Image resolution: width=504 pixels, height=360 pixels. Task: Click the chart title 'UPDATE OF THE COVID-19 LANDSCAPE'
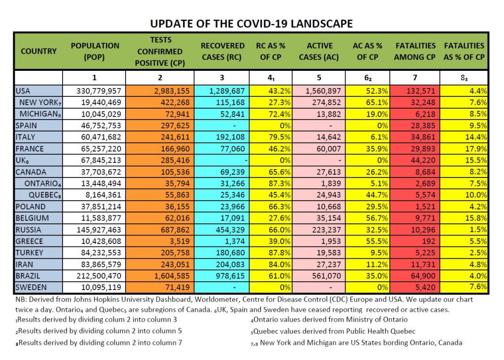[x=252, y=24]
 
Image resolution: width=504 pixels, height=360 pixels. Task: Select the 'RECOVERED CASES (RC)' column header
[x=222, y=51]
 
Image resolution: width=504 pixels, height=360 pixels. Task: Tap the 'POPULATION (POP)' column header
[x=95, y=51]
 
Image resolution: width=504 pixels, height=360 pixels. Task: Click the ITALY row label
[x=25, y=137]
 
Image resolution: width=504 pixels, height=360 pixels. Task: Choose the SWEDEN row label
[x=31, y=287]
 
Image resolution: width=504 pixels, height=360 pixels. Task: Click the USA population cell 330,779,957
[x=98, y=91]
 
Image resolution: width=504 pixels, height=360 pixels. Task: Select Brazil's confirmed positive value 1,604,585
[x=172, y=276]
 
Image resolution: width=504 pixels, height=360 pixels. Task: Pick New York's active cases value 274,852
[x=326, y=102]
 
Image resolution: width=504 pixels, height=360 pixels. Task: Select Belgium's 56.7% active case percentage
[x=377, y=218]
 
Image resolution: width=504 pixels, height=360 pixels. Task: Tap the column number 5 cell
[x=319, y=78]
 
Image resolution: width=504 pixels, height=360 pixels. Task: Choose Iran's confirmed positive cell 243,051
[x=175, y=264]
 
